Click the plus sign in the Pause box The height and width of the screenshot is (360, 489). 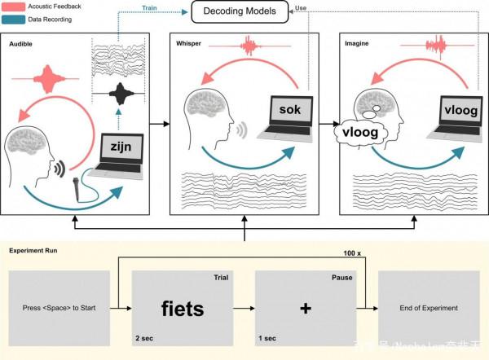pyautogui.click(x=306, y=309)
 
